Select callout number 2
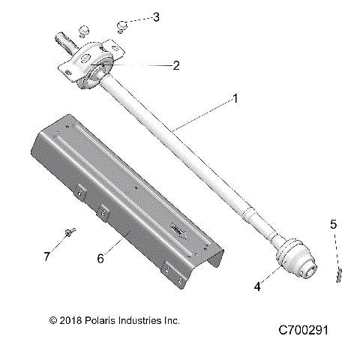pos(176,65)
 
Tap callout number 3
pos(155,16)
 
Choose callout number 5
pos(334,223)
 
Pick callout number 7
pos(47,257)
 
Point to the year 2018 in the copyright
pos(69,320)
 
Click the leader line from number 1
pos(202,115)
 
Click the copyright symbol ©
pos(52,320)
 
